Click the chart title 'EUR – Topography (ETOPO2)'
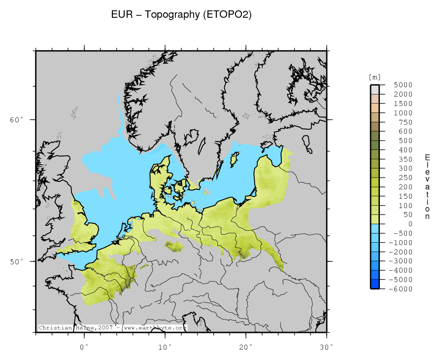[182, 15]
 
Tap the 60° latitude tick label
[16, 120]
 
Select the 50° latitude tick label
[16, 261]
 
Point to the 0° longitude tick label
[85, 347]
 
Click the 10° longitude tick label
[165, 347]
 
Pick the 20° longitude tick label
[246, 347]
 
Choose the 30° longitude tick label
[327, 347]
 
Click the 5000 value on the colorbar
[403, 85]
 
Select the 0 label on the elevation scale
[410, 224]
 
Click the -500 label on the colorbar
[403, 233]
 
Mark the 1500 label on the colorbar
[403, 104]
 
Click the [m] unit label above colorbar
[374, 77]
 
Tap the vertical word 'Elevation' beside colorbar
[427, 187]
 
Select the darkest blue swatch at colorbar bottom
[375, 284]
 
